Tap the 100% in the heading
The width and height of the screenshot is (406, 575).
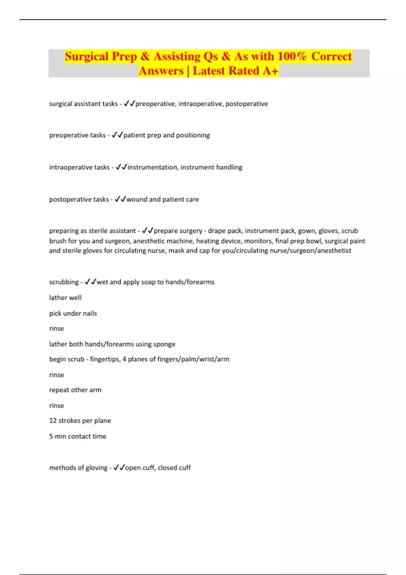[292, 56]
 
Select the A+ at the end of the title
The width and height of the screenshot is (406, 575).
[270, 71]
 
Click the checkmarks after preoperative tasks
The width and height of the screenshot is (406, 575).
[117, 135]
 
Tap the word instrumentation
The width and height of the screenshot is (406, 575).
[152, 167]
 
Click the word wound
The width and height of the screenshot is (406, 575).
[137, 199]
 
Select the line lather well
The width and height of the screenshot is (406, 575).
[65, 298]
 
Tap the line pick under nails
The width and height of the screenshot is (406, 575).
[73, 313]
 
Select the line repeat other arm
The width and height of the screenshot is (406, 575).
[75, 390]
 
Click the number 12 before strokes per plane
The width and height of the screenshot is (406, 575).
[53, 421]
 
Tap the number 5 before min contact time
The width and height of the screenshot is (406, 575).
[51, 436]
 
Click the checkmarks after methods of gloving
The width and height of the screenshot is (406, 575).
[119, 468]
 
